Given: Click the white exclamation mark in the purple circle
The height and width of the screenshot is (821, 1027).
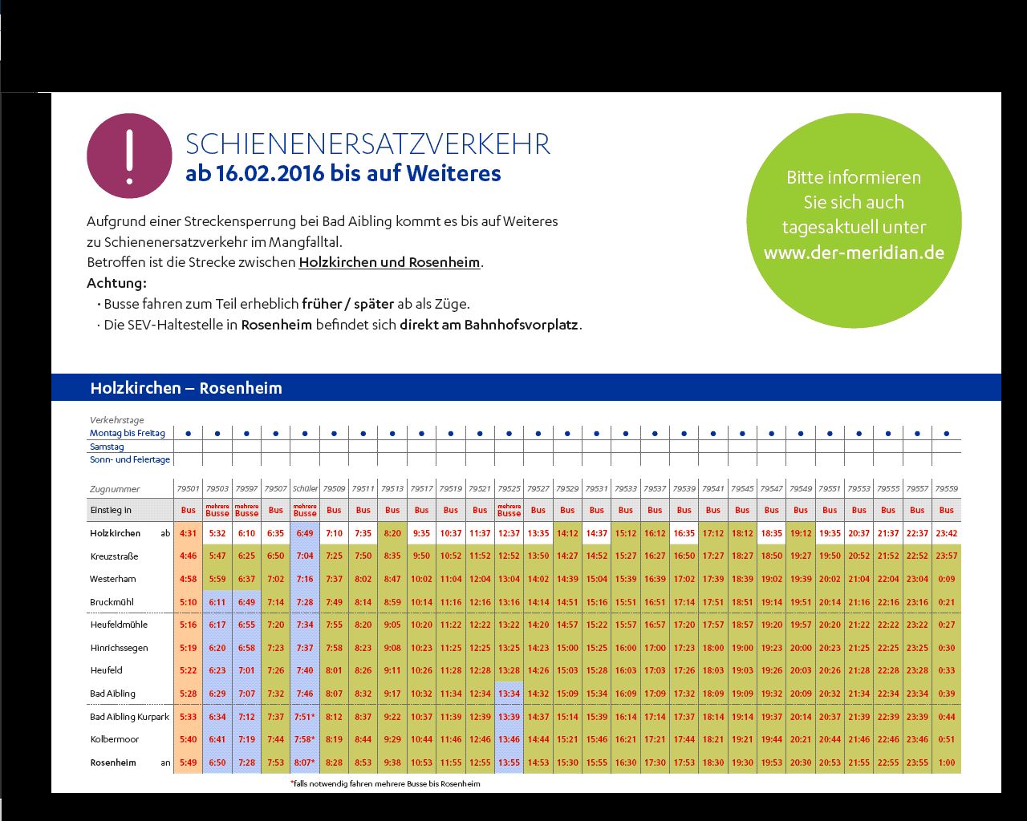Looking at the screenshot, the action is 129,156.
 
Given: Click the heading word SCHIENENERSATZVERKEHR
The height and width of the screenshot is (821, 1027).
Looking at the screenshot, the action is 367,144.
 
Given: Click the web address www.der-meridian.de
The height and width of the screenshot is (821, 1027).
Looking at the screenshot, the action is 854,253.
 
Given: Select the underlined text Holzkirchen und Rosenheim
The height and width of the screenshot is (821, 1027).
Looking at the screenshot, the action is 389,262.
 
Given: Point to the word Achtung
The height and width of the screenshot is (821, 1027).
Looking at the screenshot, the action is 116,283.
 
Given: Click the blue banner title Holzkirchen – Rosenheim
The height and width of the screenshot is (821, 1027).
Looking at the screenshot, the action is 186,388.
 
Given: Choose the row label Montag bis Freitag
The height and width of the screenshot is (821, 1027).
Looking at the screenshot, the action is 128,433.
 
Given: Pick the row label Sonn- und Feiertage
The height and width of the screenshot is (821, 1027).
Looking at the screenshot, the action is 130,459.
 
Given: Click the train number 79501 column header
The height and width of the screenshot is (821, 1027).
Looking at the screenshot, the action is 188,488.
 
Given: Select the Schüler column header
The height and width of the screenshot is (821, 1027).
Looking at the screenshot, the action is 305,488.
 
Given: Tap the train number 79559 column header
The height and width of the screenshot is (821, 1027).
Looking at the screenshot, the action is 947,488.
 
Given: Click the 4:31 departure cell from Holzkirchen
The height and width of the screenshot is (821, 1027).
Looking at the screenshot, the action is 188,533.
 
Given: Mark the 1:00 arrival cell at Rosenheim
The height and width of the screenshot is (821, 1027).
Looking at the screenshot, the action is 947,762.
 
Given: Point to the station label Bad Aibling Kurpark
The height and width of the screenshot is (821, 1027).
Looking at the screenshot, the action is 129,717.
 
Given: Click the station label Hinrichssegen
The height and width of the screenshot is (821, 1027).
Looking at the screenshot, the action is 119,648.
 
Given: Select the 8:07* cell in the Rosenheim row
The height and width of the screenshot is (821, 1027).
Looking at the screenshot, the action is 305,762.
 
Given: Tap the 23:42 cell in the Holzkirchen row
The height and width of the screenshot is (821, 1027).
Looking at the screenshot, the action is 947,533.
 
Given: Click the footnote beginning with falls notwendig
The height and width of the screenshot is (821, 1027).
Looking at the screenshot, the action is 385,783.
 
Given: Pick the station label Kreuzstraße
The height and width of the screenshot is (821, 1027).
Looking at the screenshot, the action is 114,556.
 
